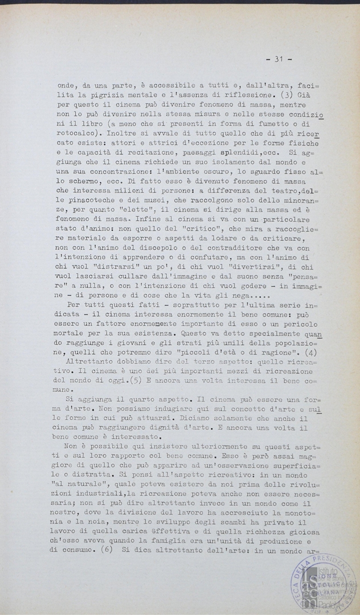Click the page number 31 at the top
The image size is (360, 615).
279,59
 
